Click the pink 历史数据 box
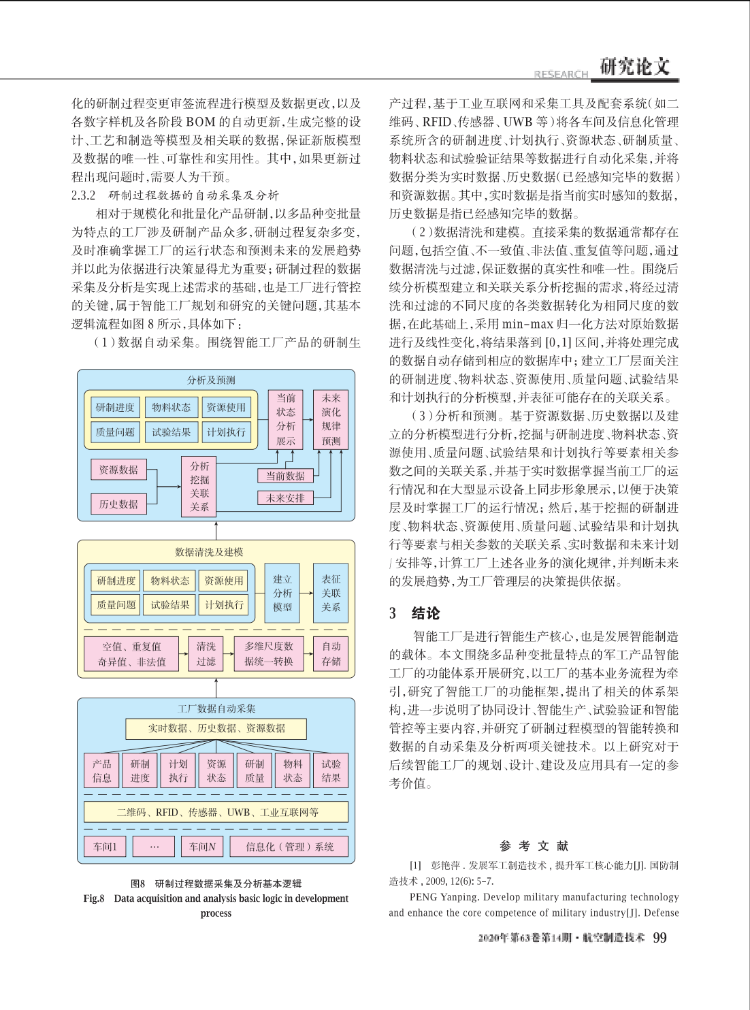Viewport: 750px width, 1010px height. click(118, 504)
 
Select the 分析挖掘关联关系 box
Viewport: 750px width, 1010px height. click(199, 486)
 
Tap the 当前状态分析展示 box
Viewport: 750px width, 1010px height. click(286, 419)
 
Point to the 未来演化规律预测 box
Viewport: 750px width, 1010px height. click(331, 419)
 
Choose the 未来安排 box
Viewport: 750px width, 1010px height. click(285, 498)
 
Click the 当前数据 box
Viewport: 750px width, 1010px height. click(285, 476)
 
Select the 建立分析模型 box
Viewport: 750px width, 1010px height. click(282, 593)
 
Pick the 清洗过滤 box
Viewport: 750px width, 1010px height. click(206, 653)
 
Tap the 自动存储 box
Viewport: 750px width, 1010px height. click(331, 653)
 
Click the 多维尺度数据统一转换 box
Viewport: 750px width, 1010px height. click(269, 653)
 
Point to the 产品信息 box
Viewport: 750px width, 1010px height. click(102, 770)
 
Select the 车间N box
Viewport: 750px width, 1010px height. click(202, 847)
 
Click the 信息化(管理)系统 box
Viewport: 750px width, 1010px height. click(290, 847)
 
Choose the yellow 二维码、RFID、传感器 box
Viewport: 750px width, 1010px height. click(216, 812)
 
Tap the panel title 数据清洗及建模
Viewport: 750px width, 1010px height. click(209, 552)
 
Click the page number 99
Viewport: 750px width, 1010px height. click(659, 938)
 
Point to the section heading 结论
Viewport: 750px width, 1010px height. click(426, 613)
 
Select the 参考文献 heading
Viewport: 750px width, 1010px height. click(534, 845)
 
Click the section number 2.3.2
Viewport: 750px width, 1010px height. click(84, 195)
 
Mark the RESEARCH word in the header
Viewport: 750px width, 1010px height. click(561, 74)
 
